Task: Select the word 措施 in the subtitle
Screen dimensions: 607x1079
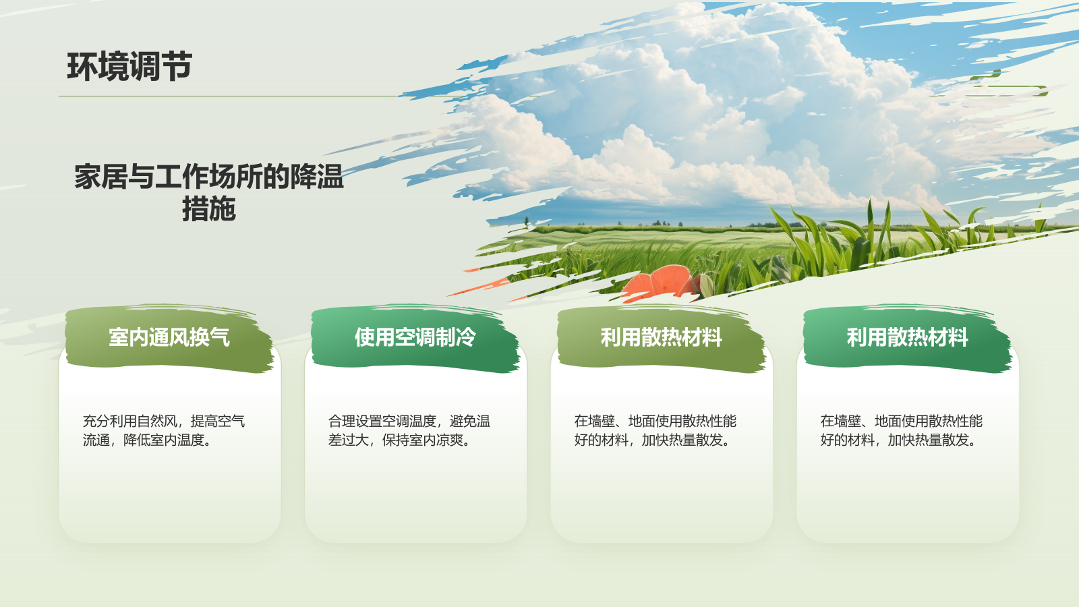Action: pos(209,209)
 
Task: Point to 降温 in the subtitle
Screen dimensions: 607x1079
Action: pos(317,177)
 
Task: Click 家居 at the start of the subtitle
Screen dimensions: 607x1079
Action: pos(100,177)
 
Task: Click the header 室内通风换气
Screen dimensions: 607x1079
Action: pos(169,337)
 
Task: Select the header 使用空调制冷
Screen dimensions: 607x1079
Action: pos(415,337)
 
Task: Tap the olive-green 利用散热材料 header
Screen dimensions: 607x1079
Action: pos(662,337)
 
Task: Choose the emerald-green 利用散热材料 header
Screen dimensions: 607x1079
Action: pos(908,337)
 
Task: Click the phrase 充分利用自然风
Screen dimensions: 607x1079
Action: pos(129,422)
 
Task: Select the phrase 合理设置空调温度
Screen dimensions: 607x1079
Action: pos(382,422)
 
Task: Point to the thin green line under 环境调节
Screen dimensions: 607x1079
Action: pos(229,96)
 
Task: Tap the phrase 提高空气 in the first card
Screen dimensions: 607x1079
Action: pos(218,422)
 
